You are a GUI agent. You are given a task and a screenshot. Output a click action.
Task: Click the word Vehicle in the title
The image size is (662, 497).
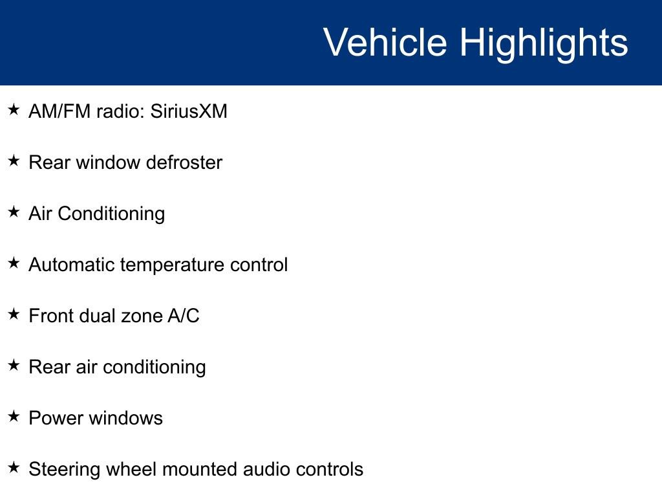pyautogui.click(x=385, y=42)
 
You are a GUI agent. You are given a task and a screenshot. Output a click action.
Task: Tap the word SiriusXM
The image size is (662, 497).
pyautogui.click(x=189, y=111)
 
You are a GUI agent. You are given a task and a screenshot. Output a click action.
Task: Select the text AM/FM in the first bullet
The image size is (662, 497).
pyautogui.click(x=59, y=111)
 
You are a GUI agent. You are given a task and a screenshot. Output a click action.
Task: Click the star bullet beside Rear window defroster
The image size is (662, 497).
pyautogui.click(x=14, y=160)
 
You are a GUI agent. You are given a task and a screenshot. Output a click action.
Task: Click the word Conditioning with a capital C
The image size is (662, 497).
pyautogui.click(x=111, y=214)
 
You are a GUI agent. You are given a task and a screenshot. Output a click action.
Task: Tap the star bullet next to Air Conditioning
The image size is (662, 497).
pyautogui.click(x=14, y=212)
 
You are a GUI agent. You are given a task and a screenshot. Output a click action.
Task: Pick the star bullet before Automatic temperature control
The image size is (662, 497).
pyautogui.click(x=14, y=263)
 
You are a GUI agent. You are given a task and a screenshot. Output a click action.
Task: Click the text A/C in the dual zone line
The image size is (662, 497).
pyautogui.click(x=184, y=316)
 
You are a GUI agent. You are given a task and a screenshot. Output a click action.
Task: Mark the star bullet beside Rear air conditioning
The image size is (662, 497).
pyautogui.click(x=14, y=365)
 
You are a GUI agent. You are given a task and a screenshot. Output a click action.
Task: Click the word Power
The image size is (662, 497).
pyautogui.click(x=56, y=418)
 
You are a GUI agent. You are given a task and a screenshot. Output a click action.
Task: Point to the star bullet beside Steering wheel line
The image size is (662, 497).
pyautogui.click(x=14, y=467)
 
